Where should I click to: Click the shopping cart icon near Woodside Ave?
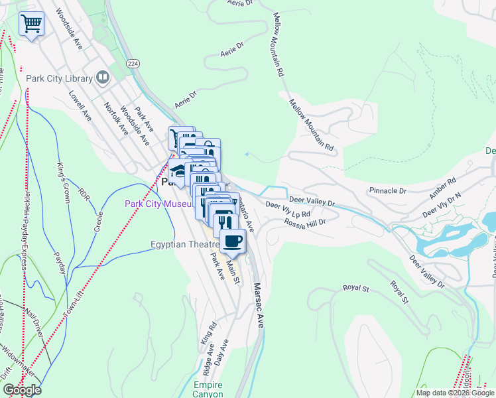tap(31, 25)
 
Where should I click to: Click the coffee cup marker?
tap(231, 241)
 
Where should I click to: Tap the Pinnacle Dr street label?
tap(387, 191)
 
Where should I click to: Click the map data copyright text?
tap(455, 393)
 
